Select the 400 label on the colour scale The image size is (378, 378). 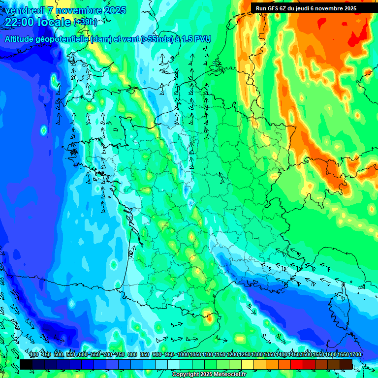pos(34,355)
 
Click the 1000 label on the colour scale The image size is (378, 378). pos(183,355)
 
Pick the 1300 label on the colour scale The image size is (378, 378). pos(257,355)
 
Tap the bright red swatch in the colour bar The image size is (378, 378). pos(297,364)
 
